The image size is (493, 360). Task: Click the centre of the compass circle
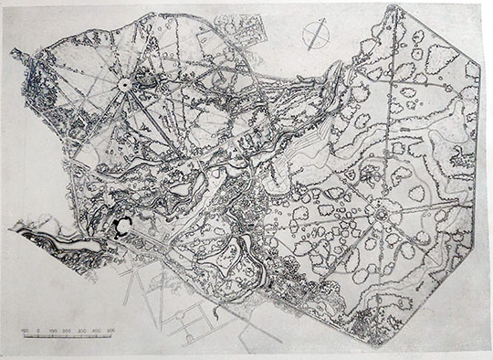315,34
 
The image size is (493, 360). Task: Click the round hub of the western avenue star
123,84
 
